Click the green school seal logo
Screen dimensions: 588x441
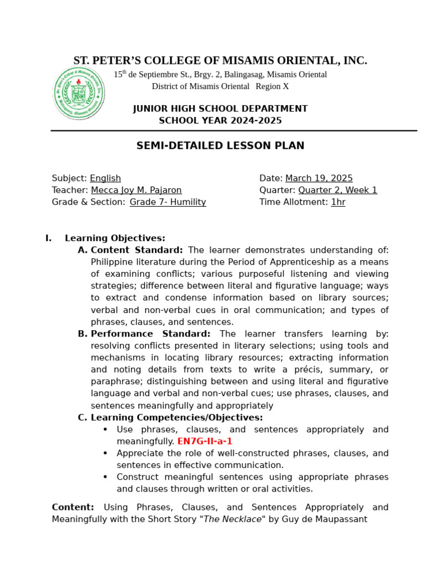(x=79, y=92)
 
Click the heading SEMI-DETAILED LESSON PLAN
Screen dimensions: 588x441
(x=220, y=146)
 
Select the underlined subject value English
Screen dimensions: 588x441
(x=105, y=179)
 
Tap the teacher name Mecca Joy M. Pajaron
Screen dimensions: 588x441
(x=136, y=190)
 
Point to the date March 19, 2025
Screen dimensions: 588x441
(x=319, y=179)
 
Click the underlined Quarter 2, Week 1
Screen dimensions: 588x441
(x=338, y=190)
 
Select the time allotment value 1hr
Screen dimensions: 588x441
(x=338, y=202)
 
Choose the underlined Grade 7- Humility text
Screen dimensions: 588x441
(x=168, y=202)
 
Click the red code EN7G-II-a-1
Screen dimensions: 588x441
(x=204, y=442)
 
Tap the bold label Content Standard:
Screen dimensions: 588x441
(x=137, y=250)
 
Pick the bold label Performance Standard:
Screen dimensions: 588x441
(x=150, y=334)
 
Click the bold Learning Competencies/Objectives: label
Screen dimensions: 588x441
(x=176, y=417)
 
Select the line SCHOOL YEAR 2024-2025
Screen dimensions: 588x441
(x=220, y=121)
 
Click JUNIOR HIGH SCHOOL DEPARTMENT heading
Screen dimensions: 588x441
(x=220, y=109)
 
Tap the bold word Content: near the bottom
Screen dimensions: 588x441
(x=73, y=507)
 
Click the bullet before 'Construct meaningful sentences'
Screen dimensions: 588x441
(x=105, y=477)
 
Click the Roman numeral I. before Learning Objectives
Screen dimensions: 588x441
(x=48, y=238)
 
